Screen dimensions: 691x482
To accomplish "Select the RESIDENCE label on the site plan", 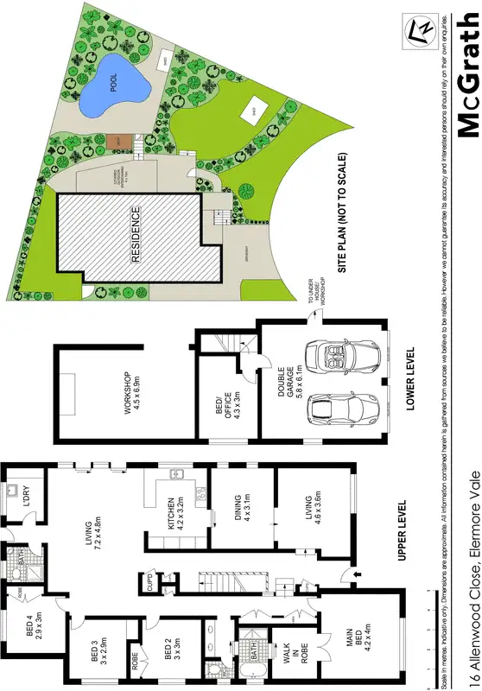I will tap(136, 234).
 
